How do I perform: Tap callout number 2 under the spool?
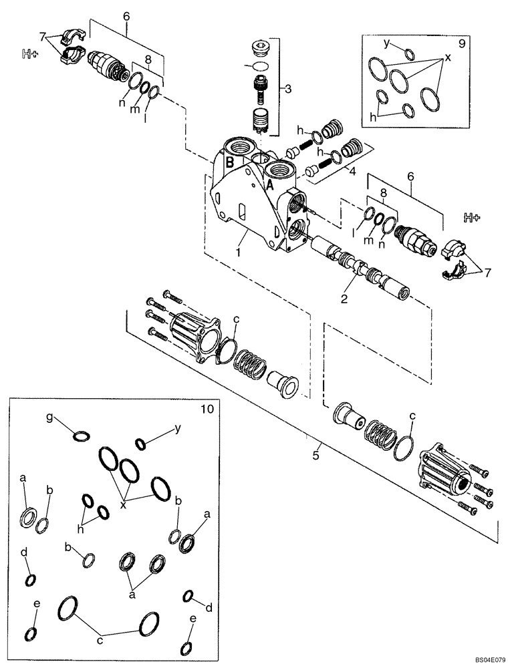343,300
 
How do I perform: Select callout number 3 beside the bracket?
287,88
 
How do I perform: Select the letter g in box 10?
49,417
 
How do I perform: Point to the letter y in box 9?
386,43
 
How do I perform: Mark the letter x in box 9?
448,59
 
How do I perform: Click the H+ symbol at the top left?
29,55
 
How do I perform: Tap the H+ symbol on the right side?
472,217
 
